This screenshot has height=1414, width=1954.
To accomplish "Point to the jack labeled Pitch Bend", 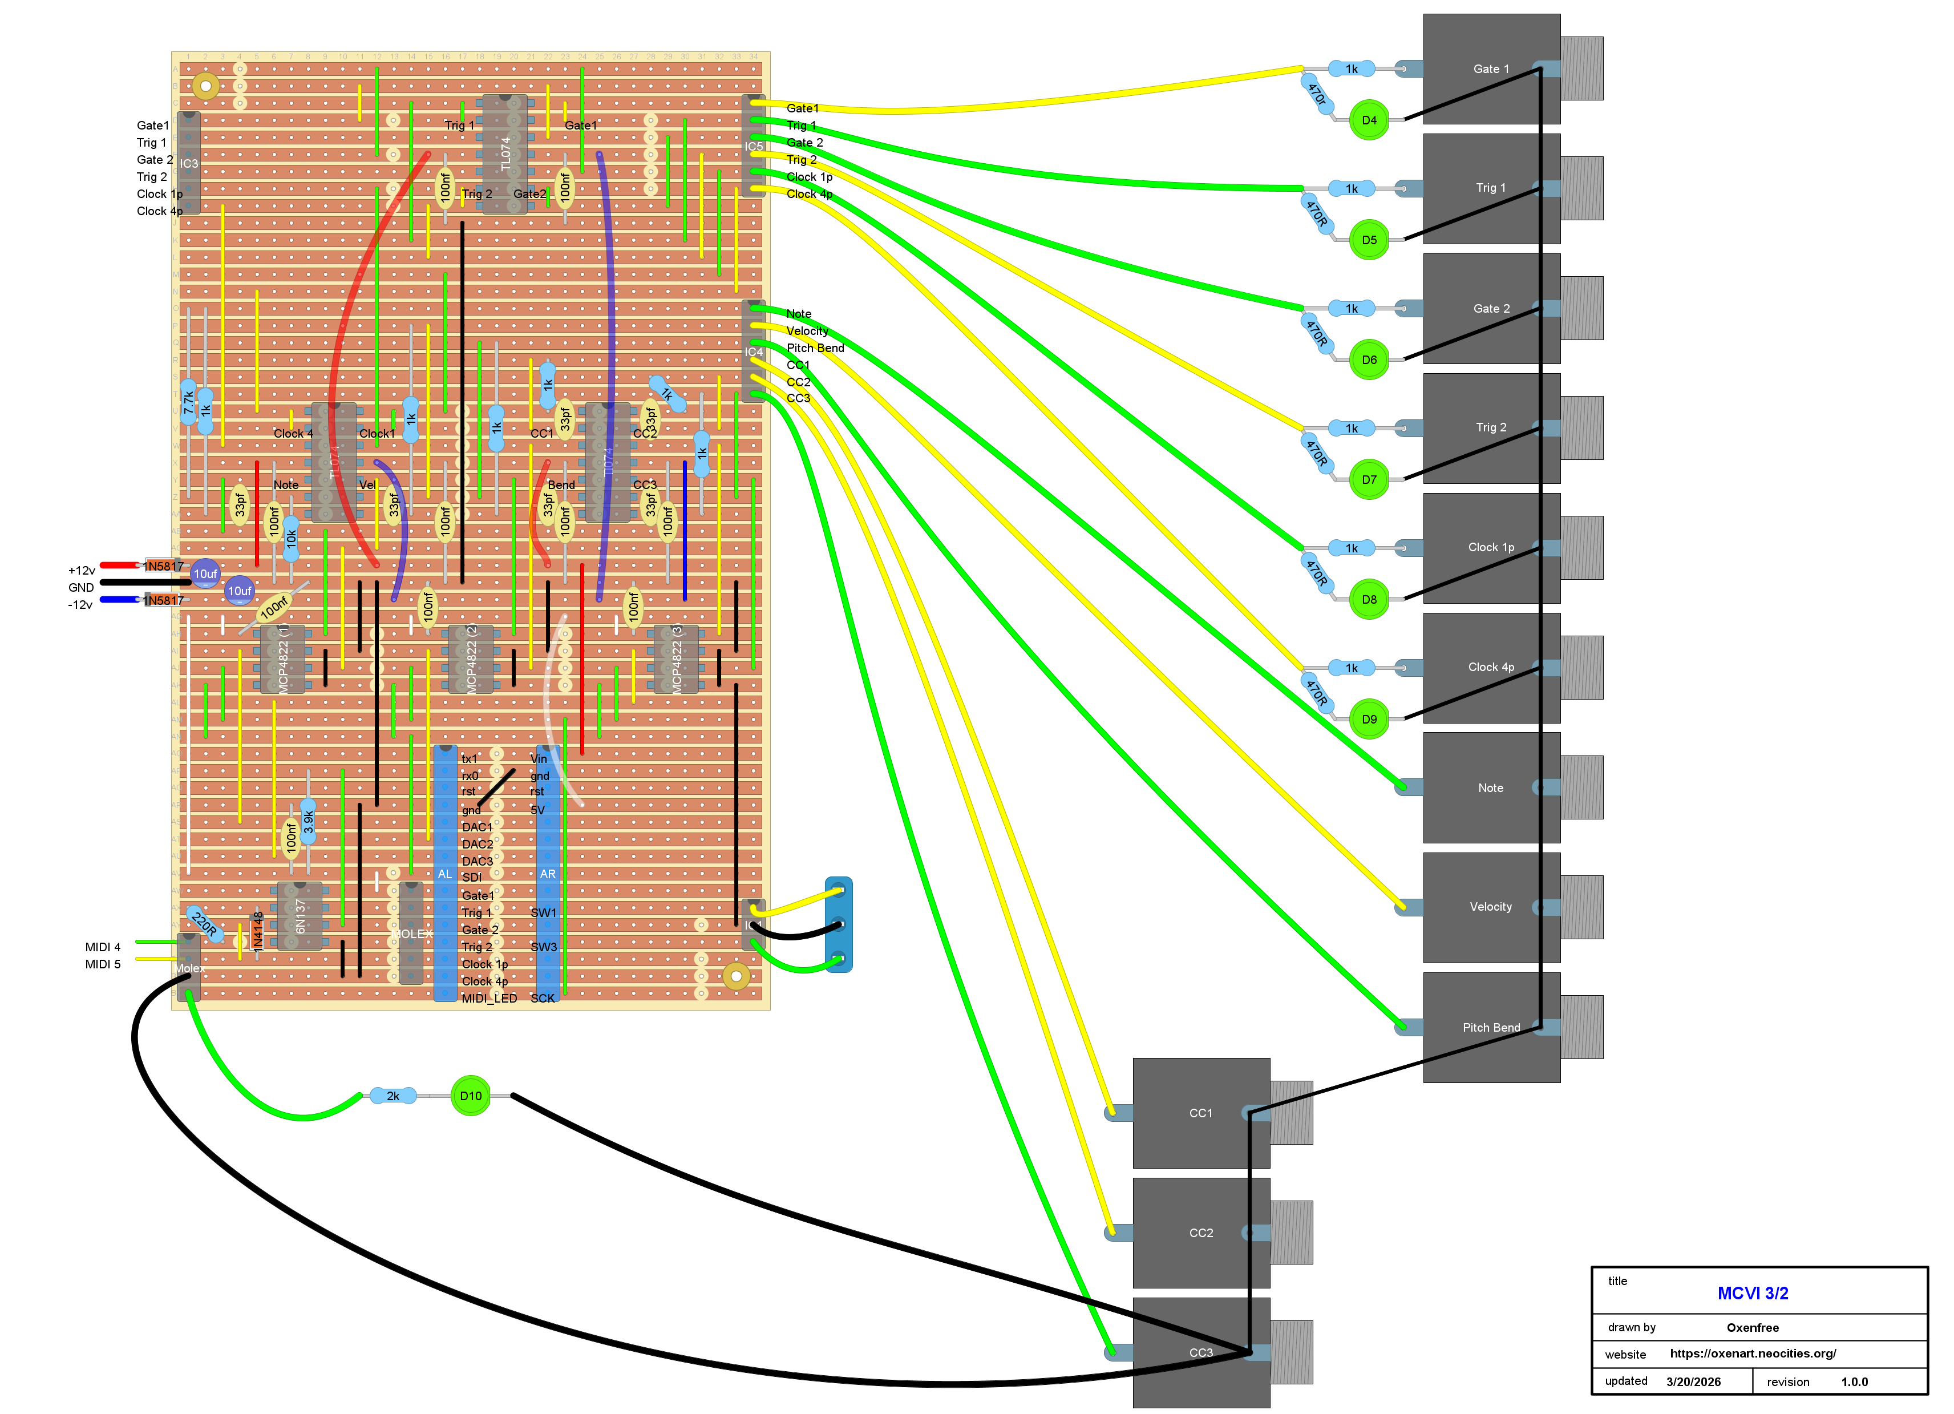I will [x=1491, y=1027].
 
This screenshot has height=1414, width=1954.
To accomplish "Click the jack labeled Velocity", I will [x=1491, y=907].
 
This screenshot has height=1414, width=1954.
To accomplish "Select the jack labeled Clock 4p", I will [x=1491, y=667].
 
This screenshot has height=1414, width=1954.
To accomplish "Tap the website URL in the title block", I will [x=1753, y=1353].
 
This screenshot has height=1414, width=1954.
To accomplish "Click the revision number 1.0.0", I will [x=1854, y=1381].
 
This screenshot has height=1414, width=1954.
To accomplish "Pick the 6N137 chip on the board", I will [x=300, y=916].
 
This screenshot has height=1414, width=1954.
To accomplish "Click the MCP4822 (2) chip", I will [x=471, y=659].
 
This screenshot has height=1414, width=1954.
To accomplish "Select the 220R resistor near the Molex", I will [x=204, y=924].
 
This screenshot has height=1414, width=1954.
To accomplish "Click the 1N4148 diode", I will [x=257, y=931].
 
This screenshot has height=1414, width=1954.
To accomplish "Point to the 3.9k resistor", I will [x=308, y=822].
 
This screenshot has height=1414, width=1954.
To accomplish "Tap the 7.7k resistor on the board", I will [x=188, y=402].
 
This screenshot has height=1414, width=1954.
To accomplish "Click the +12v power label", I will [x=82, y=571].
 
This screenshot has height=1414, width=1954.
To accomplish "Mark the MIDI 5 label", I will [x=103, y=964].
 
